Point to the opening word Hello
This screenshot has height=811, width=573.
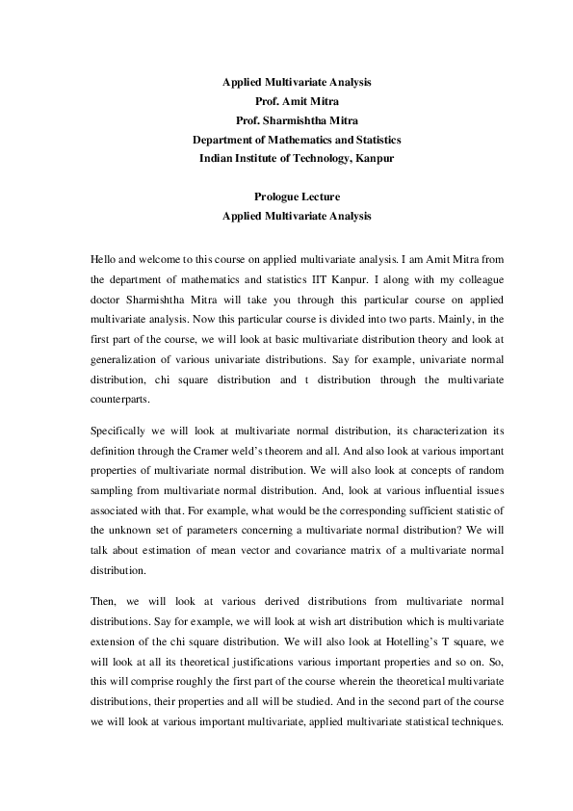pos(105,260)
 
